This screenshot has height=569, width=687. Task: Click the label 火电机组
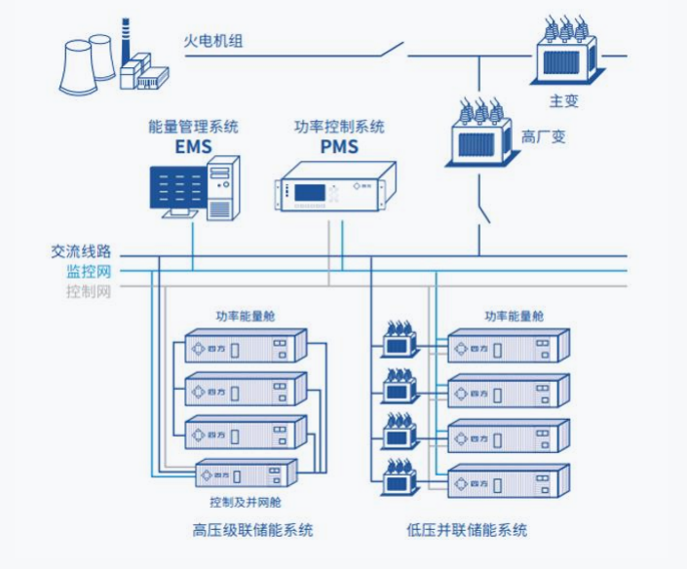pos(213,41)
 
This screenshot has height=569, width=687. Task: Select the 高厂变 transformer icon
pos(481,131)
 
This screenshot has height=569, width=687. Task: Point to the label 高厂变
pos(543,137)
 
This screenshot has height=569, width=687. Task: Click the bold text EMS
pos(193,147)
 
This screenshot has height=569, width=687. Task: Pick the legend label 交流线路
pos(82,252)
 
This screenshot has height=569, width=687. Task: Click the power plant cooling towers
pos(88,63)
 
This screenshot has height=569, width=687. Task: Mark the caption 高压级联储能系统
pos(252,530)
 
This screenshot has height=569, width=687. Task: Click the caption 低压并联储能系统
pos(467,530)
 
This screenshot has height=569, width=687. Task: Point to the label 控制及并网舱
pos(245,502)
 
